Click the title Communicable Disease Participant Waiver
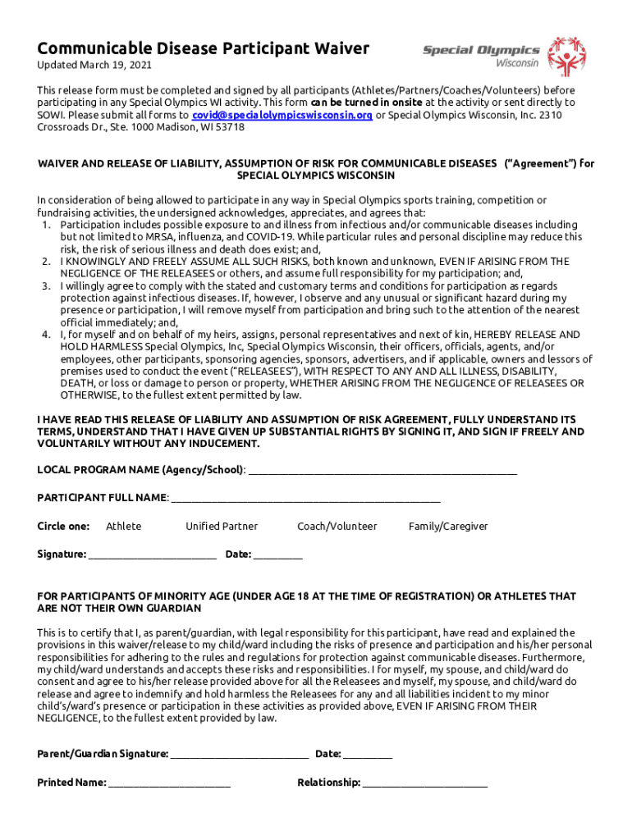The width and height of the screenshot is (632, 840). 204,48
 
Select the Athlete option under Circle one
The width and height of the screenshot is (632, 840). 124,527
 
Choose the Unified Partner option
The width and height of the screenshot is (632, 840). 222,527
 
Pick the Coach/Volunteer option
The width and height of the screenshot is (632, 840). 337,527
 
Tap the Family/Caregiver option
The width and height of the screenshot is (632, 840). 448,527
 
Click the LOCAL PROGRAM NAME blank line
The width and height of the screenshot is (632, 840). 382,472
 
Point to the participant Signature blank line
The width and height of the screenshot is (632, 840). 153,556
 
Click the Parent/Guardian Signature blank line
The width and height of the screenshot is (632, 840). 240,756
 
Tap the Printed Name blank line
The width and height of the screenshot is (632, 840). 170,784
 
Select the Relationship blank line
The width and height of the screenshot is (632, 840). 425,784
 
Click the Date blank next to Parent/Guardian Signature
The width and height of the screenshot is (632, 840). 368,756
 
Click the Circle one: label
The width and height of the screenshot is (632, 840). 63,527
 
